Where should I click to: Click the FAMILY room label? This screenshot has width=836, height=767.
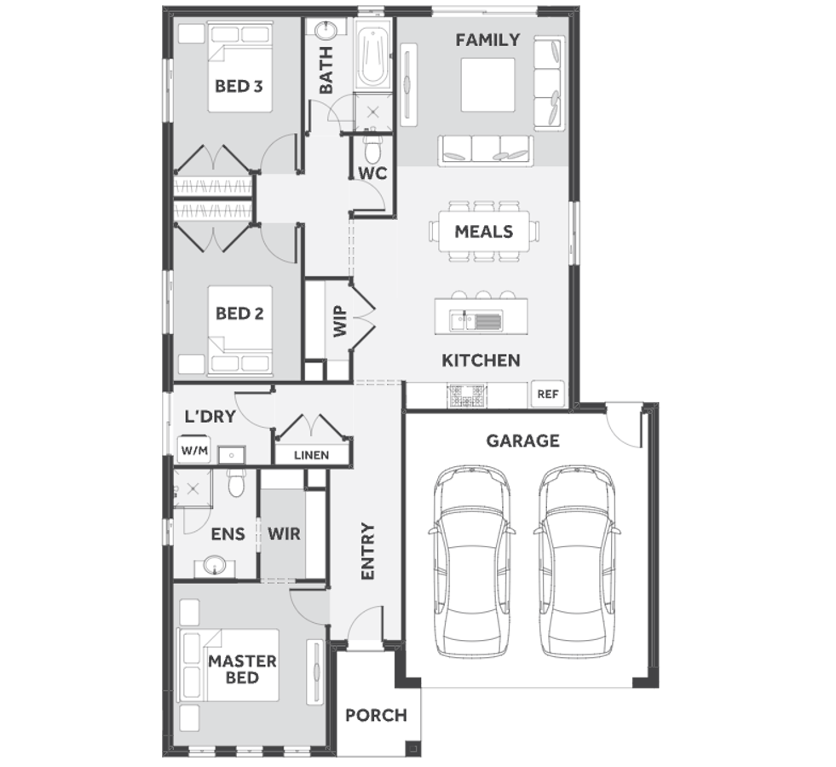(x=487, y=40)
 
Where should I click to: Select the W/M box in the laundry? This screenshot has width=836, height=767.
(x=193, y=451)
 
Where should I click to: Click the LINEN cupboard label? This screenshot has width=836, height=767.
(x=311, y=454)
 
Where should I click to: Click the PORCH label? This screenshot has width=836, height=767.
(x=376, y=715)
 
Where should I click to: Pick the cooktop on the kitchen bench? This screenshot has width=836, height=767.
(x=466, y=395)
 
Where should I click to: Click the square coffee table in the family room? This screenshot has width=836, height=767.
(x=487, y=84)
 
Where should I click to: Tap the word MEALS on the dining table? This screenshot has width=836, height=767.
(x=483, y=231)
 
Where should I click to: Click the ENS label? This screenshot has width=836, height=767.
(x=228, y=534)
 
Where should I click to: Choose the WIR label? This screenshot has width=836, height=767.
(x=284, y=534)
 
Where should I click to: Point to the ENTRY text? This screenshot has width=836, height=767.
(x=367, y=551)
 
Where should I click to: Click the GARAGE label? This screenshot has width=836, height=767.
(x=522, y=441)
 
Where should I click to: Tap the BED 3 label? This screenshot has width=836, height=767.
(x=238, y=85)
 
